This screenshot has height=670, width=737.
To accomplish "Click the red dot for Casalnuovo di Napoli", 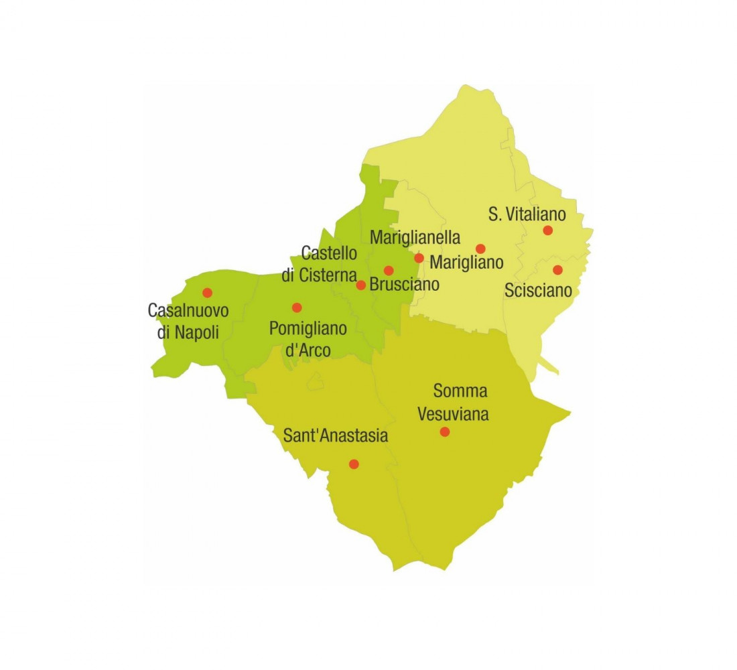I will tap(207, 292).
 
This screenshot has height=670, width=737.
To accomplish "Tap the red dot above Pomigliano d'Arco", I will tap(297, 308).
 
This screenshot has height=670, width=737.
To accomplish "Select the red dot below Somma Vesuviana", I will tap(444, 431).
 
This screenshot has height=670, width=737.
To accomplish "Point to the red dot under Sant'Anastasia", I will tap(354, 464).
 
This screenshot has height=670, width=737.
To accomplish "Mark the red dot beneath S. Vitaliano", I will tap(547, 230).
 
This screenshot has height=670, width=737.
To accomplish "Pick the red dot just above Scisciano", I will tap(557, 270).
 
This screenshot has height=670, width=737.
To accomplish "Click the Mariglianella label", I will tap(415, 237).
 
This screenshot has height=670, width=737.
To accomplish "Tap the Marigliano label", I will tap(466, 262).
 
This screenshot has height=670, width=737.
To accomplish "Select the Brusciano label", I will tap(405, 284).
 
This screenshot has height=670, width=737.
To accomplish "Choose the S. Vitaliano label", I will tap(527, 214).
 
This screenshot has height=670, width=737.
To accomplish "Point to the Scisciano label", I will tap(539, 291).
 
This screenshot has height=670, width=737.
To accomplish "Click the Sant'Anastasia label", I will tap(336, 436).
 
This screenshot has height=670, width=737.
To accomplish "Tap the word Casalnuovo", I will tap(188, 311).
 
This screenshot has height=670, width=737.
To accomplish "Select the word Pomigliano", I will tap(308, 328).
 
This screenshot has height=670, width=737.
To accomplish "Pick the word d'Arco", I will tap(308, 350).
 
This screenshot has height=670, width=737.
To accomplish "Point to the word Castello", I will tap(329, 253).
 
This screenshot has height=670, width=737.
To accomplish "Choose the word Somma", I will tap(460, 391).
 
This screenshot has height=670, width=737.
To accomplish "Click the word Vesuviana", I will tap(453, 413).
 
